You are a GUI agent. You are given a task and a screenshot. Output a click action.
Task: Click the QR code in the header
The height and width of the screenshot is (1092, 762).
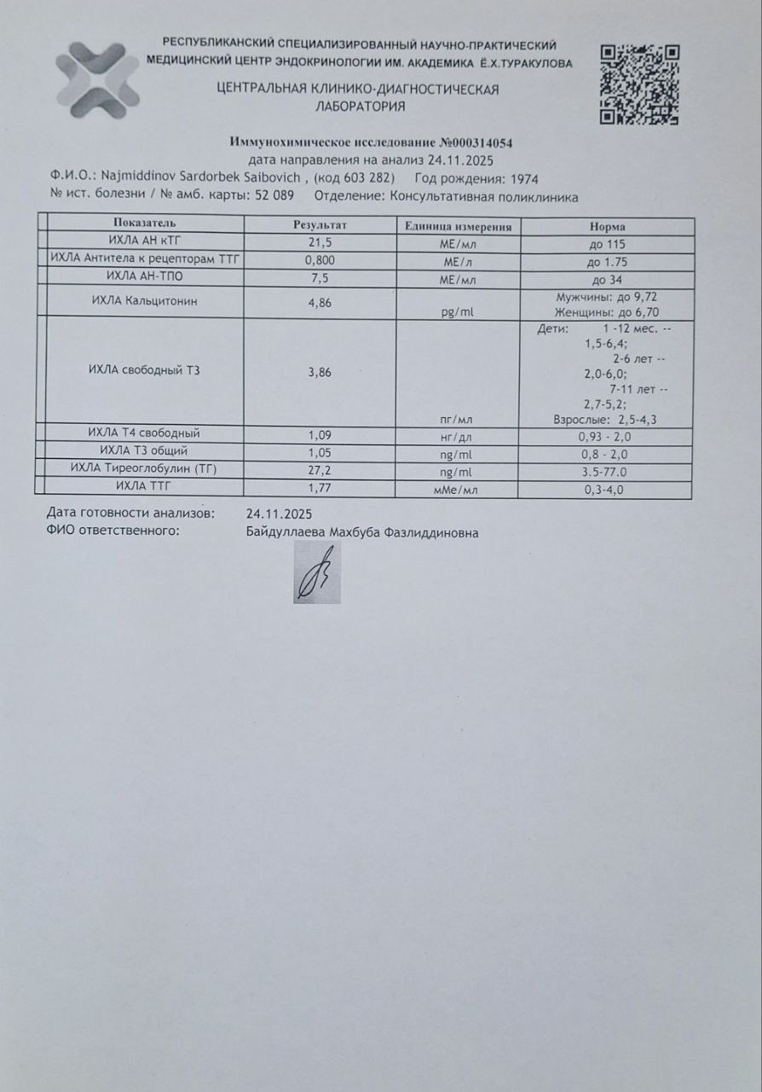[639, 84]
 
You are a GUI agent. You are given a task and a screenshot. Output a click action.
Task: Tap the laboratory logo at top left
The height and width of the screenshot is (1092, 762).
[97, 80]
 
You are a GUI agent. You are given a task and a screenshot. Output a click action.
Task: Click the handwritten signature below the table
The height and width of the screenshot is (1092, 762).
[317, 574]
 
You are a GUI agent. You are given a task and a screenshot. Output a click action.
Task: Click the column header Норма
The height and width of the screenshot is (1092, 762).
[607, 227]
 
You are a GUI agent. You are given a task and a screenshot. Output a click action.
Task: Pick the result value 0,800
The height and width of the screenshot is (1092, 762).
[320, 261]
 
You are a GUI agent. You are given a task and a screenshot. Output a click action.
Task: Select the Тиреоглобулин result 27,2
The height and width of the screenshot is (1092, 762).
[319, 470]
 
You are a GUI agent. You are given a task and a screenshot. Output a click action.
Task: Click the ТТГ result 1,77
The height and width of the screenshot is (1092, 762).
[319, 489]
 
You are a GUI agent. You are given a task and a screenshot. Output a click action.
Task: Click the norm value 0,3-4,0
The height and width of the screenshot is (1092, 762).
[606, 490]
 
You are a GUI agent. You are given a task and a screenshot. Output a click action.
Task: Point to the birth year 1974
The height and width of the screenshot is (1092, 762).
[522, 179]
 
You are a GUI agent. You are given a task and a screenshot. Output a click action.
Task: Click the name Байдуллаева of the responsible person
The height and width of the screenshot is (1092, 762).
[285, 533]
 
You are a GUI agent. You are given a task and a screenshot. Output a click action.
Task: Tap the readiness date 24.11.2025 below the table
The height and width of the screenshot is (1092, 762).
[279, 514]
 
